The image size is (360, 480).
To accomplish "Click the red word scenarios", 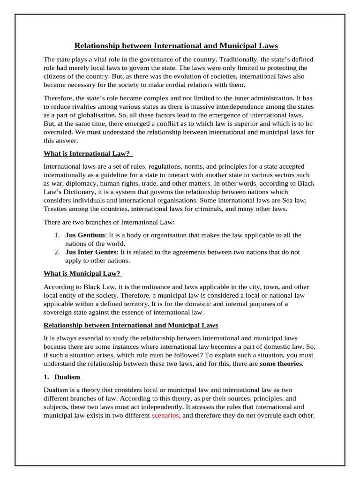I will pyautogui.click(x=165, y=416).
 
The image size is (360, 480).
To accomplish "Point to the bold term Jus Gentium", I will pyautogui.click(x=85, y=235).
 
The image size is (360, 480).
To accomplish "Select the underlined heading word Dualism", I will pyautogui.click(x=67, y=377).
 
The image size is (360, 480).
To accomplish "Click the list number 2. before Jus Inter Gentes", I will pyautogui.click(x=56, y=252).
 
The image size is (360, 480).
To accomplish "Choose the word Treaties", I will pyautogui.click(x=58, y=209).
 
